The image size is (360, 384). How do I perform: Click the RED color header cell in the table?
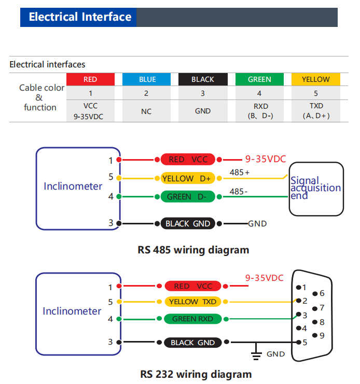coord(90,79)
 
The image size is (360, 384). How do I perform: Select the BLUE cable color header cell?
coord(147,79)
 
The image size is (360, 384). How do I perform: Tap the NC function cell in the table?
coord(147,111)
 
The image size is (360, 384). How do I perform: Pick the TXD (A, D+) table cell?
coord(316,111)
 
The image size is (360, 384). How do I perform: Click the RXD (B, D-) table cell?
coord(259,111)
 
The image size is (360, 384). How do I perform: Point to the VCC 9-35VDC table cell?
coord(90,111)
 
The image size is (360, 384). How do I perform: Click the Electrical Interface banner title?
coord(80,17)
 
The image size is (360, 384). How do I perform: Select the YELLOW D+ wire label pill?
coord(187,178)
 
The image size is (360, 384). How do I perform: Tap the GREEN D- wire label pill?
coord(188,196)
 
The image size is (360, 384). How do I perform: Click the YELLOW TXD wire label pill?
coord(192,302)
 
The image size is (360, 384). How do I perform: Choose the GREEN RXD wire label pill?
coord(192,319)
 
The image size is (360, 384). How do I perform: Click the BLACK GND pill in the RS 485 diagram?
coord(188,223)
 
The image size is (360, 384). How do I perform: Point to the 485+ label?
coord(240,173)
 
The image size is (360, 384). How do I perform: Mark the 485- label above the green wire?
coord(239,192)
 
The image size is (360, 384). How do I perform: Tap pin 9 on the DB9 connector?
coord(315,335)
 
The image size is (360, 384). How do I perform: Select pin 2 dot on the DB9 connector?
coord(298,301)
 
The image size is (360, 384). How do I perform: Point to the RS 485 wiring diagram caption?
coord(193,250)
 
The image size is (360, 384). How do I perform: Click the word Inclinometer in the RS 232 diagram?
coord(72,311)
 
